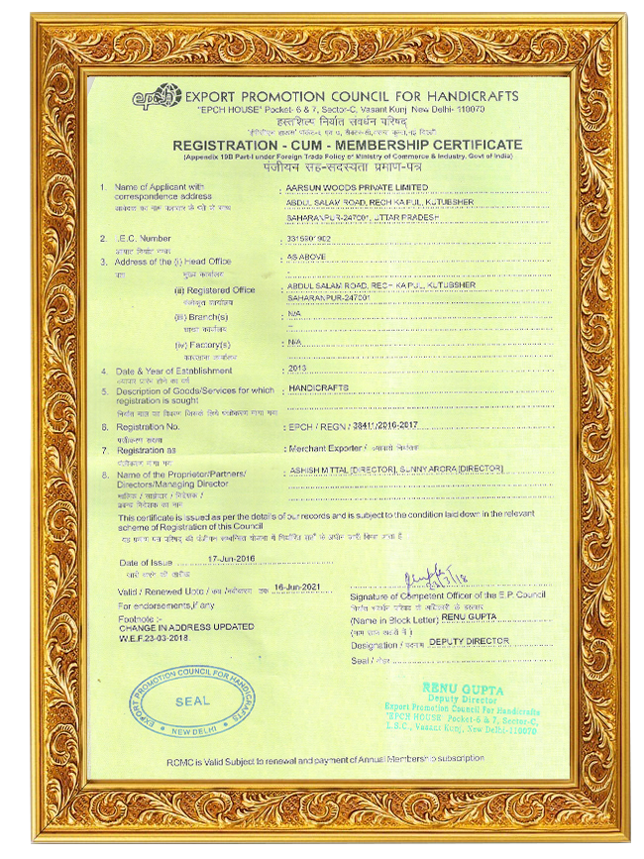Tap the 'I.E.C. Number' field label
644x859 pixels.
pos(144,239)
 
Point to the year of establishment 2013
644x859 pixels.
pos(297,368)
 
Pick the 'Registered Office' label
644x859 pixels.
pos(215,290)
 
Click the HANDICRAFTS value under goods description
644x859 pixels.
pos(316,388)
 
